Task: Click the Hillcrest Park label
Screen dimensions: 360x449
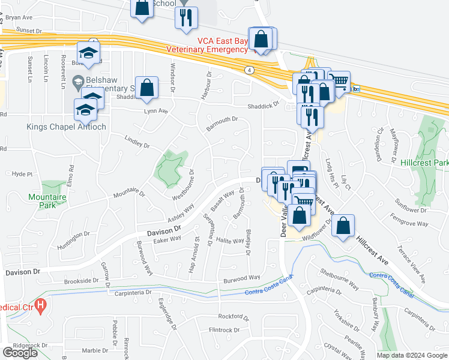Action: [x=424, y=163]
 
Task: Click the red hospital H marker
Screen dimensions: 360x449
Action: [x=40, y=306]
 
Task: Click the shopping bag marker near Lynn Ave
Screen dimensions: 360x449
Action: [x=146, y=88]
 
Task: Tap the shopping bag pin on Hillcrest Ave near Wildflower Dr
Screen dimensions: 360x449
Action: [x=343, y=226]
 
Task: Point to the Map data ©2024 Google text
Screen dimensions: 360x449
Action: [x=412, y=355]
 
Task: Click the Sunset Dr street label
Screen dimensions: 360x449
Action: [x=31, y=29]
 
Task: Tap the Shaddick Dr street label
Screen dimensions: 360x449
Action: [x=265, y=106]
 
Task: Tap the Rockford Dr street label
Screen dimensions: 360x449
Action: [x=234, y=317]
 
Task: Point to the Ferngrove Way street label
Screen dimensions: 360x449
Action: [x=409, y=220]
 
